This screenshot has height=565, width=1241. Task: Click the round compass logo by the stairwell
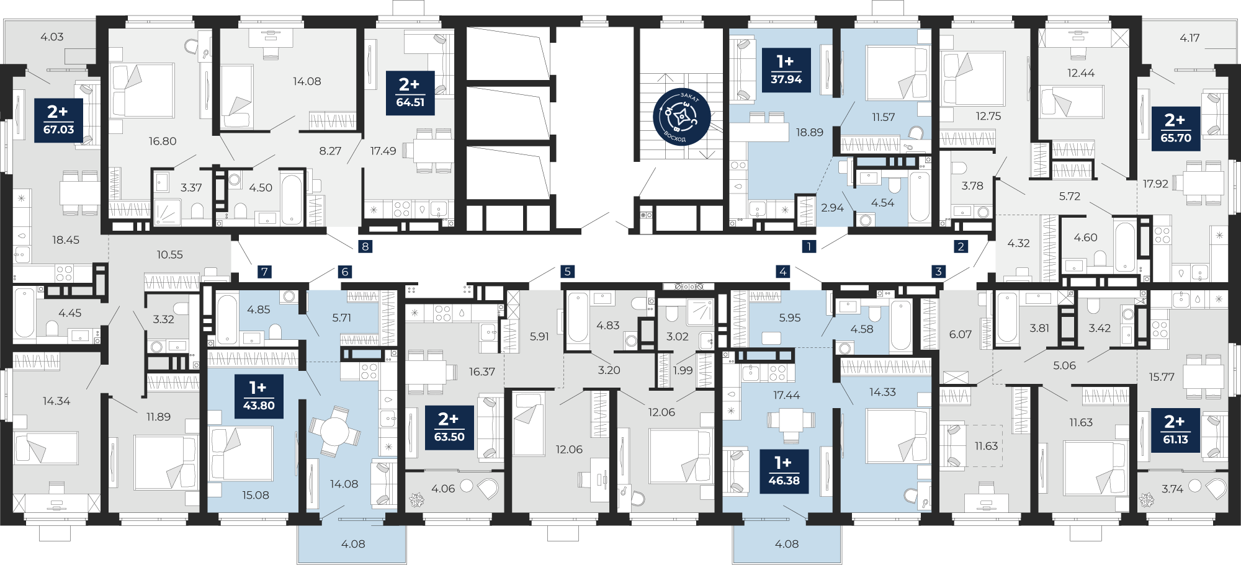tap(681, 116)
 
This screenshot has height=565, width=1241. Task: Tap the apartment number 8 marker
tap(365, 246)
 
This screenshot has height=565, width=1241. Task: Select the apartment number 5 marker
tap(567, 271)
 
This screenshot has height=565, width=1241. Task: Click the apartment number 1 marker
tap(809, 246)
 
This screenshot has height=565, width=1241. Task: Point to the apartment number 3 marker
tap(938, 271)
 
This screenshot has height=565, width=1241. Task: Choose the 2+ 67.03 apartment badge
tap(58, 120)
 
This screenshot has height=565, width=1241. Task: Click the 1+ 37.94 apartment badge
tap(786, 70)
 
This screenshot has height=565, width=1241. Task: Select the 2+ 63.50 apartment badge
tap(449, 428)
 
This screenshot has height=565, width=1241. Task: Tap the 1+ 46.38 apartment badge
tap(784, 471)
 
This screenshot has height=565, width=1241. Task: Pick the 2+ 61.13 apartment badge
tap(1176, 430)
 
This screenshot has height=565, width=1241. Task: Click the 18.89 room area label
tap(810, 132)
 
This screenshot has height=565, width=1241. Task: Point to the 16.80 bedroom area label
tap(163, 141)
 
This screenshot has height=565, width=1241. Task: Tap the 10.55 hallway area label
tap(169, 254)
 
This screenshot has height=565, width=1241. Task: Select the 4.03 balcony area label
tap(52, 37)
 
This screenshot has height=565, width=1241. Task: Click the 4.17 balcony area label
tap(1189, 38)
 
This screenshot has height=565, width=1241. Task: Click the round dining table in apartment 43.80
tap(334, 430)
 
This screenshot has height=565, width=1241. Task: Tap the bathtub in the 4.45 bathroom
tap(24, 313)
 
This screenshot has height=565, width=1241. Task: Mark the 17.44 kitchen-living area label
tap(786, 395)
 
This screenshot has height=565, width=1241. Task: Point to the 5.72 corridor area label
tap(1070, 196)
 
